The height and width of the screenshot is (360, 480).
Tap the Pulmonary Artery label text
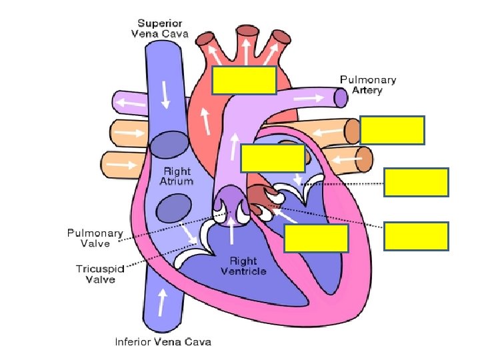367,85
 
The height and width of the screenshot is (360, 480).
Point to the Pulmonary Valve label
95,239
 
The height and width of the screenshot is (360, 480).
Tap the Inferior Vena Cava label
163,342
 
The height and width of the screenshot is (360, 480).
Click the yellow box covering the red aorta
244,79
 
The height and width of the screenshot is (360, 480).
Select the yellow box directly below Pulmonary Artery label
392,130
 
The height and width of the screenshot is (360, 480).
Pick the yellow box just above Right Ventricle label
316,238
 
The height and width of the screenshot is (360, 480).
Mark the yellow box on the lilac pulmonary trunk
273,159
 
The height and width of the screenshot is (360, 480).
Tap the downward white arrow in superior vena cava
165,98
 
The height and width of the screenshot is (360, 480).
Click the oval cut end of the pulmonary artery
341,98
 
